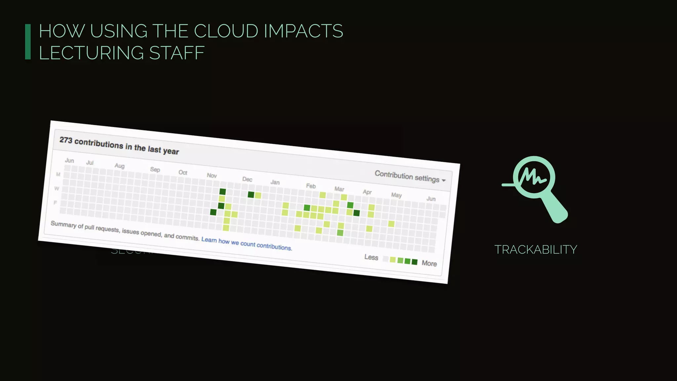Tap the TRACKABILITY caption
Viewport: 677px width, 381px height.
(x=536, y=250)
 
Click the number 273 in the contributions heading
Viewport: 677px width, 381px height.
(x=66, y=140)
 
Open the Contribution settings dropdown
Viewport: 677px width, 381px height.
(x=410, y=177)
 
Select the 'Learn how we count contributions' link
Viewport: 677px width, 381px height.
(x=247, y=243)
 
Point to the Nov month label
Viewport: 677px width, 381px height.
(x=212, y=175)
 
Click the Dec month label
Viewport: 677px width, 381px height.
(x=247, y=179)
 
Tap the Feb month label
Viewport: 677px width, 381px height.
(x=311, y=186)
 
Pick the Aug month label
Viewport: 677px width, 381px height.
(x=120, y=166)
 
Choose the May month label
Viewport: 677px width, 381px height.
(x=396, y=195)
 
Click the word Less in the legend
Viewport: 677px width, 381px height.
(x=371, y=257)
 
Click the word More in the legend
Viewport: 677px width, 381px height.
(x=429, y=263)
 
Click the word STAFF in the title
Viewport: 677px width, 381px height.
(x=177, y=53)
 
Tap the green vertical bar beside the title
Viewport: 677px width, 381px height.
(x=28, y=42)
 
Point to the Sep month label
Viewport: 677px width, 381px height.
(x=155, y=169)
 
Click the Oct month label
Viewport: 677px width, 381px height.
(x=183, y=172)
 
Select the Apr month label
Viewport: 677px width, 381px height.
(x=367, y=192)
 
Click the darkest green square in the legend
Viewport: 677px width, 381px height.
(x=415, y=262)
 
